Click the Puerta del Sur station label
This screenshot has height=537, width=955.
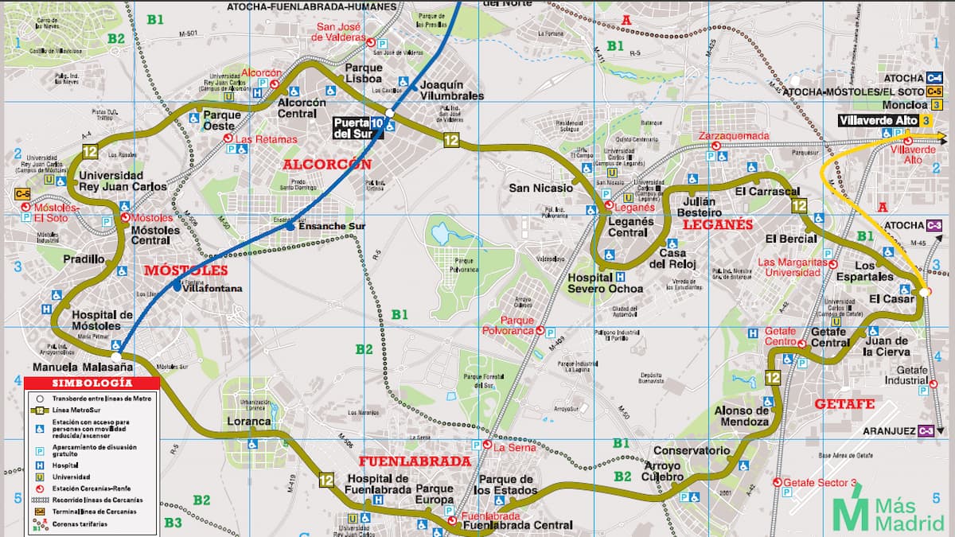[x=351, y=128]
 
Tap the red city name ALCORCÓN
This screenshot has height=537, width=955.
[x=328, y=165]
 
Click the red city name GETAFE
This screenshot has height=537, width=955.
[x=844, y=403]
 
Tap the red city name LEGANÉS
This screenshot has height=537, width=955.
[x=717, y=225]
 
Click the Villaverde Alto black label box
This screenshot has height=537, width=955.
[x=878, y=120]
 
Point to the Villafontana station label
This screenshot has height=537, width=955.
[x=212, y=289]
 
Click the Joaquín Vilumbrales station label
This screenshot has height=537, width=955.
[x=451, y=90]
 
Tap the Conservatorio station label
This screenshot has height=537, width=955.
[x=691, y=450]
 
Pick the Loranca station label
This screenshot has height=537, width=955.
[x=244, y=422]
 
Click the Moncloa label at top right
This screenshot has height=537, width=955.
[x=905, y=105]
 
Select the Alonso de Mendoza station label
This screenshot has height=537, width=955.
[x=742, y=416]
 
